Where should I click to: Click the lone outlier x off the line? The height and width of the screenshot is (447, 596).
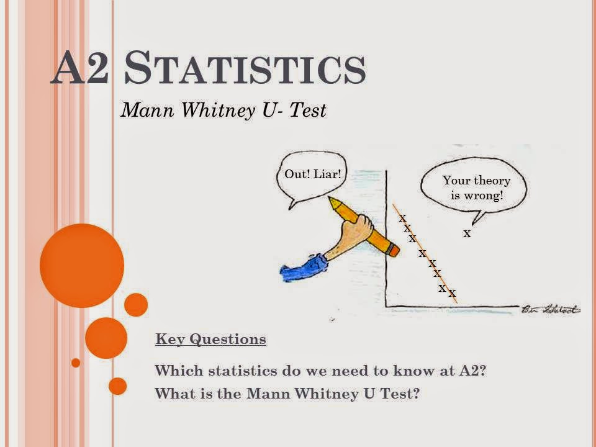(467, 234)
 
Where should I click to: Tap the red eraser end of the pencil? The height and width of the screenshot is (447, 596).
(392, 250)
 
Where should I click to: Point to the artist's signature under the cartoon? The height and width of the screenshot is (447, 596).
(550, 309)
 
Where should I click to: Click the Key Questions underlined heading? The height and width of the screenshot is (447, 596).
(210, 340)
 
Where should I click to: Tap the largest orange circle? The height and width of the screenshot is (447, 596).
(81, 265)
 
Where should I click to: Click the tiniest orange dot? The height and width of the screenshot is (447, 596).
(76, 362)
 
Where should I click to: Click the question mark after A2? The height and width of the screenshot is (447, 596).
(482, 371)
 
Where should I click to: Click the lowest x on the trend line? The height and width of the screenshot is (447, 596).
(452, 293)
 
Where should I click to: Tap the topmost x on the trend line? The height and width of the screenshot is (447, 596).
(402, 218)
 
